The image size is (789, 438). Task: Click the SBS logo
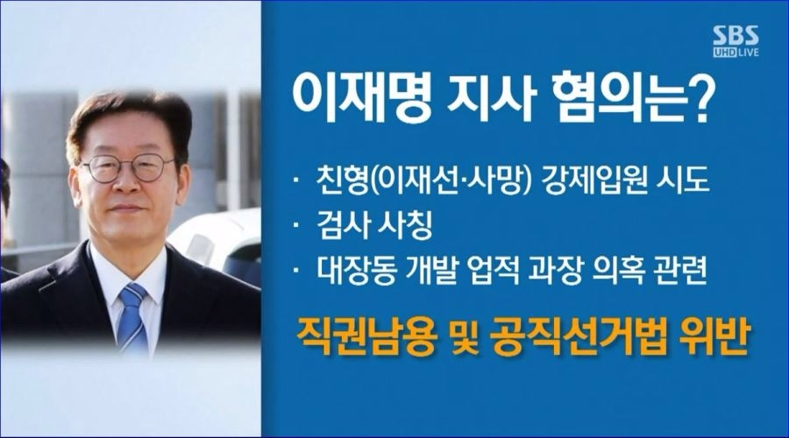pyautogui.click(x=736, y=36)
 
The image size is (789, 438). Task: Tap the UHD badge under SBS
pyautogui.click(x=725, y=53)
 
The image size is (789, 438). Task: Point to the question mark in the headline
pyautogui.click(x=695, y=100)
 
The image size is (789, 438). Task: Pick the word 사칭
pyautogui.click(x=404, y=225)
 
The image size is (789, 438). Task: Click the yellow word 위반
pyautogui.click(x=715, y=337)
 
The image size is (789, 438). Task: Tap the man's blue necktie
pyautogui.click(x=131, y=317)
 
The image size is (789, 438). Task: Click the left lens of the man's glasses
pyautogui.click(x=103, y=169)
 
